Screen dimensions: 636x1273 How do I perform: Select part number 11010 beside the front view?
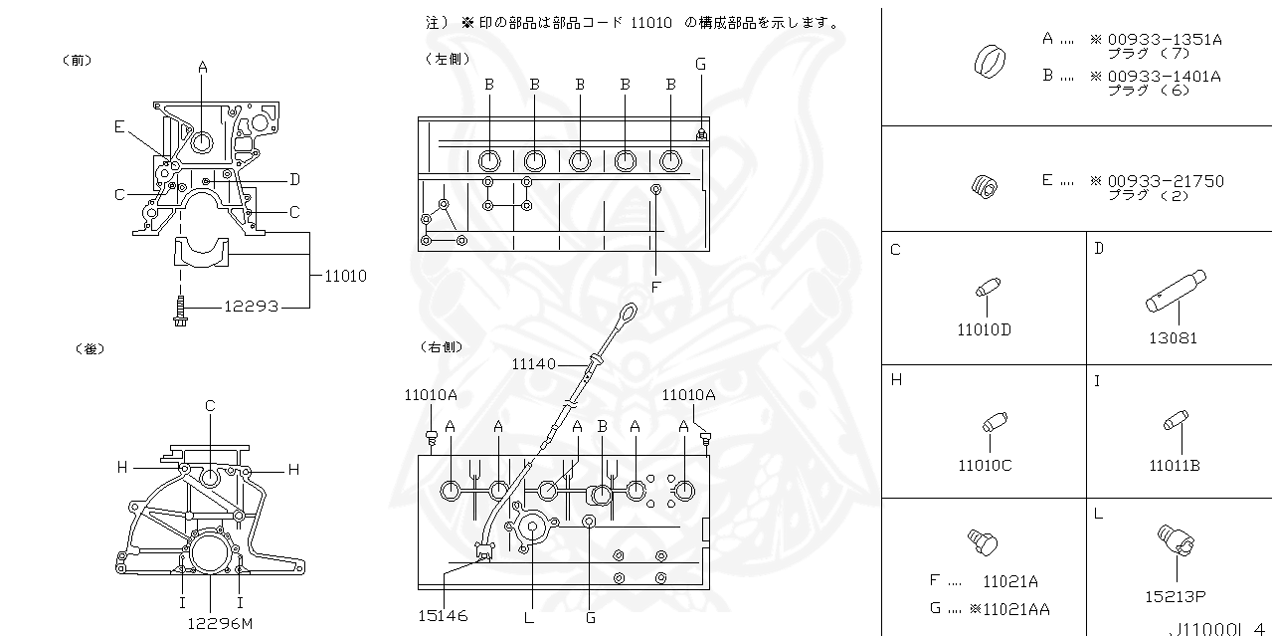pyautogui.click(x=345, y=276)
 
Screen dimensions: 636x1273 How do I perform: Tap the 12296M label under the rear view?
pyautogui.click(x=220, y=623)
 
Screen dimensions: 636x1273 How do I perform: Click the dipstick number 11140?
pyautogui.click(x=533, y=364)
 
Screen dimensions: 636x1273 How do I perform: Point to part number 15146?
pyautogui.click(x=444, y=617)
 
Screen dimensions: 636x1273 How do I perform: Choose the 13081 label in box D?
pyautogui.click(x=1174, y=337)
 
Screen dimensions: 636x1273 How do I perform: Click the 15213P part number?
pyautogui.click(x=1175, y=596)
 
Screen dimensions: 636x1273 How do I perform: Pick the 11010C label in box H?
pyautogui.click(x=985, y=465)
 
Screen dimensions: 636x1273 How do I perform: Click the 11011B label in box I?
pyautogui.click(x=1174, y=465)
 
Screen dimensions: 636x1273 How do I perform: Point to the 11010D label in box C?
pyautogui.click(x=984, y=329)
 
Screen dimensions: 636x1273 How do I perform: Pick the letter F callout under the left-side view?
pyautogui.click(x=655, y=287)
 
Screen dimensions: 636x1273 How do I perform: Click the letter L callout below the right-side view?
pyautogui.click(x=529, y=617)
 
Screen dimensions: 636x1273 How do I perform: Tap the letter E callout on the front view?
pyautogui.click(x=119, y=126)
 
